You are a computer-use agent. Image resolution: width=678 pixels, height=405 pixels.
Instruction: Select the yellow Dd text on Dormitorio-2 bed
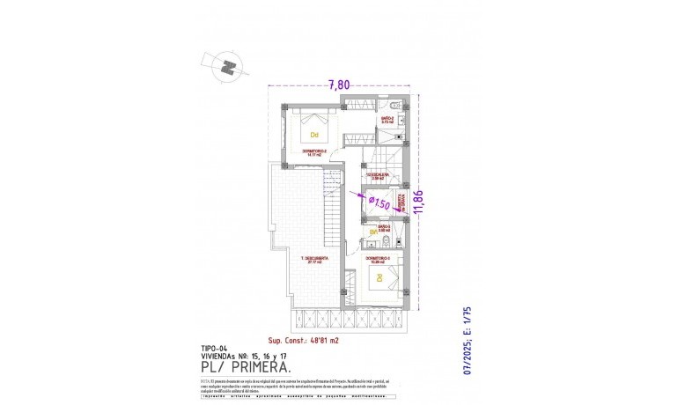(313, 135)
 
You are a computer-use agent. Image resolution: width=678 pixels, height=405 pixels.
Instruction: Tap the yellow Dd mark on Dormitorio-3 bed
(380, 277)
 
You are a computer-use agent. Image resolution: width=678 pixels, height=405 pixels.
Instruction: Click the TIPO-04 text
(214, 348)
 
